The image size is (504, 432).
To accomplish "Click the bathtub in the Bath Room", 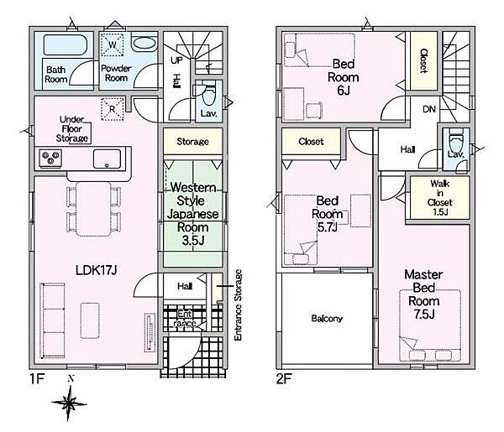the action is pos(66,45).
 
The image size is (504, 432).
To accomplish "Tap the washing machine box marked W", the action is pos(113,44).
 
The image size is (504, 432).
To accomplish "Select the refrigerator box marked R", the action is pos(113,109).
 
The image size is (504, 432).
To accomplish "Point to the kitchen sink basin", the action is pos(107,159).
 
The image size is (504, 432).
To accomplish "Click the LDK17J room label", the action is pos(96,270).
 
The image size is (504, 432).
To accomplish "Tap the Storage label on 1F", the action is pos(192,142).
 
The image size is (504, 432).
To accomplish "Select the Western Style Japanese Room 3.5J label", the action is pos(192,214).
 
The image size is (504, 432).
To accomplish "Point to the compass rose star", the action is pos(69,403).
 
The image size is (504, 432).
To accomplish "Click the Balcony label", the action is pos(327,319).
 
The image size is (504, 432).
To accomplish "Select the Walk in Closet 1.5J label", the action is pos(439,198).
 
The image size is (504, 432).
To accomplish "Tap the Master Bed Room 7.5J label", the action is pos(423,294).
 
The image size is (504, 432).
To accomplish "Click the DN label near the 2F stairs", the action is pos(429,109).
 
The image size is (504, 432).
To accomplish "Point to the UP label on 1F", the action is pos(176,60).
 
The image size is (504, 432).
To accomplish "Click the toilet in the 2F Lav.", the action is pos(456,139).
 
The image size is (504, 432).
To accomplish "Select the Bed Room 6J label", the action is pos(343,77).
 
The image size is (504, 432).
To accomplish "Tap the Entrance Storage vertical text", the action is pos(238,305).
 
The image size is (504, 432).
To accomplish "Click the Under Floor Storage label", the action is pos(71,128).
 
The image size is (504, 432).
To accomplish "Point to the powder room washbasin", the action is pos(144,44).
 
